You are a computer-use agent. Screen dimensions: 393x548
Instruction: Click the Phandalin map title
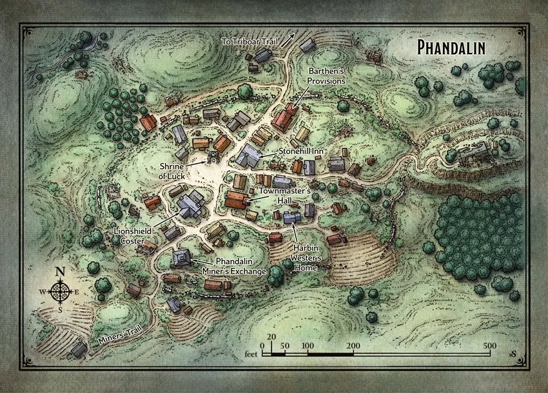click(451, 47)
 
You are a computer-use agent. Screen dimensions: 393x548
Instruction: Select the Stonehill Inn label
click(301, 150)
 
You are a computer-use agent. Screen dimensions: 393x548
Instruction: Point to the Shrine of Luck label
click(176, 171)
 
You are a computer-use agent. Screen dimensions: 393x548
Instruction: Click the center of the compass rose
click(61, 292)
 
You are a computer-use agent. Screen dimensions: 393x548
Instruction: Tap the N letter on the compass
click(61, 271)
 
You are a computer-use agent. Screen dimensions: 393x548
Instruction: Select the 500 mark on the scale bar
click(489, 345)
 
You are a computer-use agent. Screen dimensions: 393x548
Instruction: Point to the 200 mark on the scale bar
click(353, 345)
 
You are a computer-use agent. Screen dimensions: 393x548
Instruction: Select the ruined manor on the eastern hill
click(475, 152)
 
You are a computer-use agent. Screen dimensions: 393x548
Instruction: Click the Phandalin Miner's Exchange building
click(181, 258)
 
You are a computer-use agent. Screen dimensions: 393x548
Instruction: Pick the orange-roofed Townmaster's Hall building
click(237, 199)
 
